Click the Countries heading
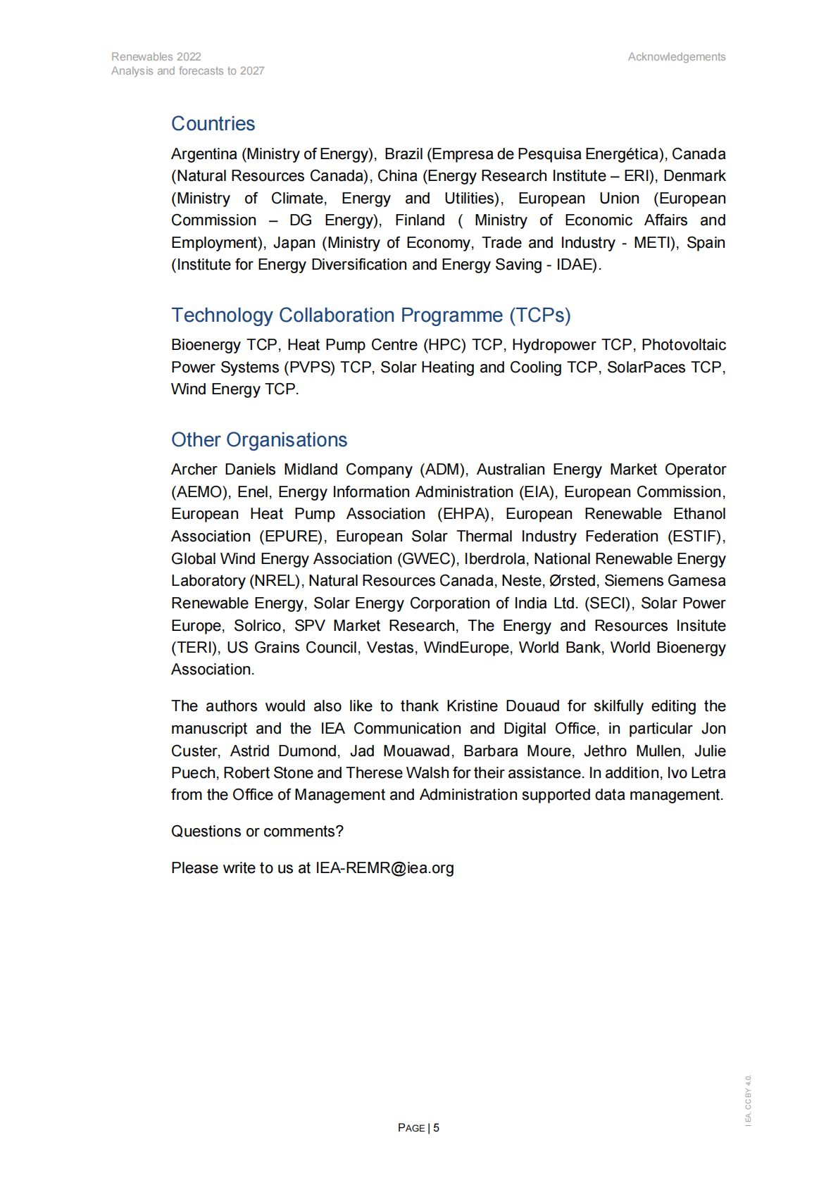(x=213, y=124)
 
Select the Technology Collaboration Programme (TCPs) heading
(x=370, y=315)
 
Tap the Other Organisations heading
(x=259, y=440)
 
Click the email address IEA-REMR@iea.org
(x=384, y=868)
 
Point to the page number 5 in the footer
(x=437, y=1128)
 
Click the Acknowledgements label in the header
(x=676, y=57)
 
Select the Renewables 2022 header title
(x=156, y=57)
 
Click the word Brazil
(x=404, y=154)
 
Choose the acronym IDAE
(x=576, y=265)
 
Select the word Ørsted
(x=573, y=581)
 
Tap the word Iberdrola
(x=494, y=559)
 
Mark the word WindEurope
(x=466, y=648)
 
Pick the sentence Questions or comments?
(x=257, y=832)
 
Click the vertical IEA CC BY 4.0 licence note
(x=749, y=1100)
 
